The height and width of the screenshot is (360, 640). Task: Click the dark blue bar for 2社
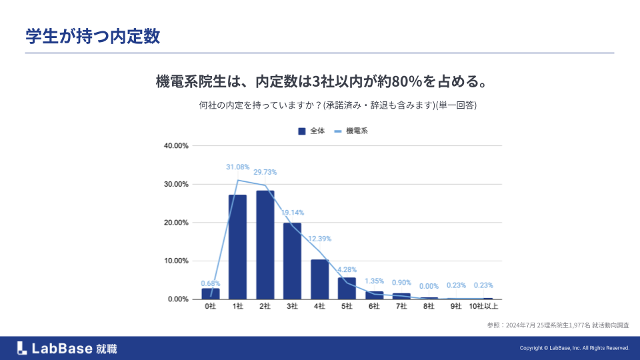coord(265,245)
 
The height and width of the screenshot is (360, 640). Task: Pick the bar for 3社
coord(292,261)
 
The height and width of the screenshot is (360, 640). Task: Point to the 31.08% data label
coord(237,167)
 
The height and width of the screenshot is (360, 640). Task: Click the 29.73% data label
coord(265,172)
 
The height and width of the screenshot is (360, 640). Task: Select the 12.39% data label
coord(319,239)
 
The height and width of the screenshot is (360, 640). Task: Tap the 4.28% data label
coord(347,270)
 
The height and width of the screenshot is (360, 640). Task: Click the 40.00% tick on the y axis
coord(177,146)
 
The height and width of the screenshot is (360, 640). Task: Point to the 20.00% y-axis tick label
coord(177,223)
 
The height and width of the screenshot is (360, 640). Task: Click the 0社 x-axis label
coord(210,306)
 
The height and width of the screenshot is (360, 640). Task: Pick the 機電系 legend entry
coord(351,131)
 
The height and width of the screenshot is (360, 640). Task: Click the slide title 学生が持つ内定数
coord(93,36)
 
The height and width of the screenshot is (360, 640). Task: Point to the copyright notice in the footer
coord(574,348)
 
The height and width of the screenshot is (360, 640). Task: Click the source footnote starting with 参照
coord(559,325)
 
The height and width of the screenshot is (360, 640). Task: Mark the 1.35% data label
coord(374,281)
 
